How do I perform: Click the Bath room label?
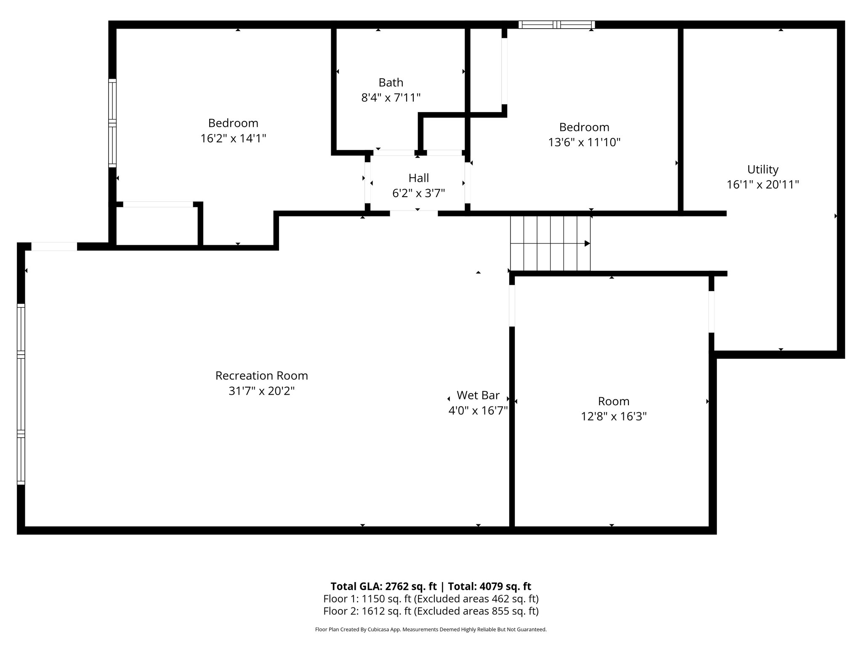[x=391, y=83]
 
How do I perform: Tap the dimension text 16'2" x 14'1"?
[x=233, y=139]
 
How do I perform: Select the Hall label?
[x=418, y=178]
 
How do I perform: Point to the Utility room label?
[x=763, y=169]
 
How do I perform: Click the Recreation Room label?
[x=261, y=375]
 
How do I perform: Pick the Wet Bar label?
[x=478, y=395]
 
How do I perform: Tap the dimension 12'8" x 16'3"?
[x=613, y=417]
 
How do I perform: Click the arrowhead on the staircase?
[x=587, y=243]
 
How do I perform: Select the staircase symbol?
[x=550, y=243]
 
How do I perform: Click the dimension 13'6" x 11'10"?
[x=584, y=142]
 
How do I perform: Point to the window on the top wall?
[x=556, y=25]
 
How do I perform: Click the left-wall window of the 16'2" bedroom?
[x=112, y=123]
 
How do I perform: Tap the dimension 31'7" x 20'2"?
[x=261, y=391]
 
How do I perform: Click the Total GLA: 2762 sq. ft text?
[x=383, y=586]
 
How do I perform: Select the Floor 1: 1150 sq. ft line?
[x=431, y=599]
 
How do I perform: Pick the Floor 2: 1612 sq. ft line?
[x=431, y=611]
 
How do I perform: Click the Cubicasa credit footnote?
[x=431, y=630]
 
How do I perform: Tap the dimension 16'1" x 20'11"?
[x=763, y=185]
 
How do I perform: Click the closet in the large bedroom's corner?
[x=157, y=226]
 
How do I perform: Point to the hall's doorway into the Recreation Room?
[x=414, y=213]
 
